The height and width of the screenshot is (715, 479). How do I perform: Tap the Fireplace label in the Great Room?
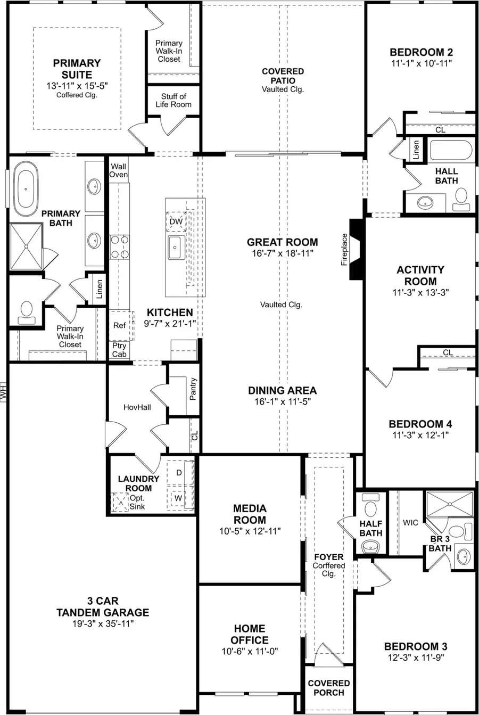tap(344, 249)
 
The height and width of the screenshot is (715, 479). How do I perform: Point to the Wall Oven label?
tap(119, 170)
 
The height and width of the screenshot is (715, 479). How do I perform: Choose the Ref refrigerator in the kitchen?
tap(120, 325)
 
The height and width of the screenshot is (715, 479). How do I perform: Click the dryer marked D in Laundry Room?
tap(179, 472)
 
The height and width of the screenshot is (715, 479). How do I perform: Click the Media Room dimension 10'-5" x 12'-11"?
tap(250, 531)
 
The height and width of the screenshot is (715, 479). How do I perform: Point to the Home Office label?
tap(250, 634)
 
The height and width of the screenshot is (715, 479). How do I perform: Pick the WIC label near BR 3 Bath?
tap(410, 523)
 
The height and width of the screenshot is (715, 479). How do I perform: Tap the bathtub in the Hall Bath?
tap(451, 150)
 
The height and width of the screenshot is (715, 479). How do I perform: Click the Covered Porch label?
tap(329, 687)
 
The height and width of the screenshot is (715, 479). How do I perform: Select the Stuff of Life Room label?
tap(174, 100)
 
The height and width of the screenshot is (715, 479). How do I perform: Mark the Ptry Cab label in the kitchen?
tap(119, 350)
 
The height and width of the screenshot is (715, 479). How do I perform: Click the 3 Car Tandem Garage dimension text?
tap(103, 623)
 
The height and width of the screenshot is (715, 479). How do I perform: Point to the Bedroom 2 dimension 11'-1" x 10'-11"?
tap(421, 63)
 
